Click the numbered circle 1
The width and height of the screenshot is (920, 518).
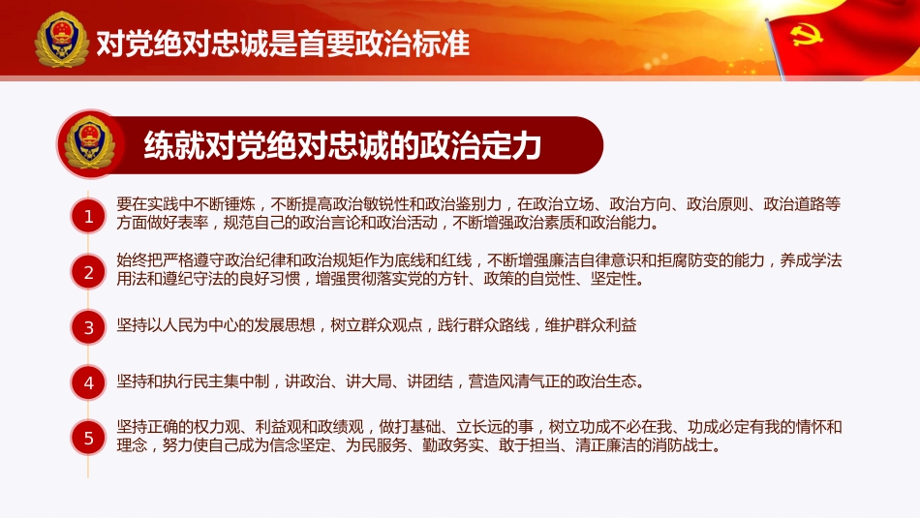click(x=88, y=217)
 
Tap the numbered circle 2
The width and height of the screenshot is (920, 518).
click(x=88, y=272)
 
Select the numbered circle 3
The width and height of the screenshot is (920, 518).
click(x=88, y=327)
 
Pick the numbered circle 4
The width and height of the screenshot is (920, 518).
click(x=88, y=382)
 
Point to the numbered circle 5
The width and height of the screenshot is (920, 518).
click(x=88, y=439)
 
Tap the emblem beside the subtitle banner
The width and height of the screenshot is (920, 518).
click(x=89, y=144)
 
